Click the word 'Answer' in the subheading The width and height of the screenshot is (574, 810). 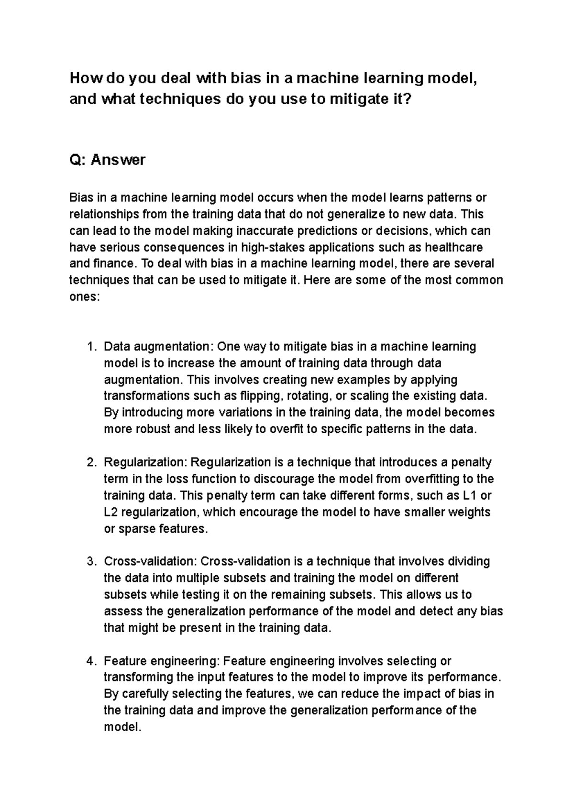coord(118,160)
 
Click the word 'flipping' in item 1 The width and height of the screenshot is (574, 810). coord(261,396)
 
